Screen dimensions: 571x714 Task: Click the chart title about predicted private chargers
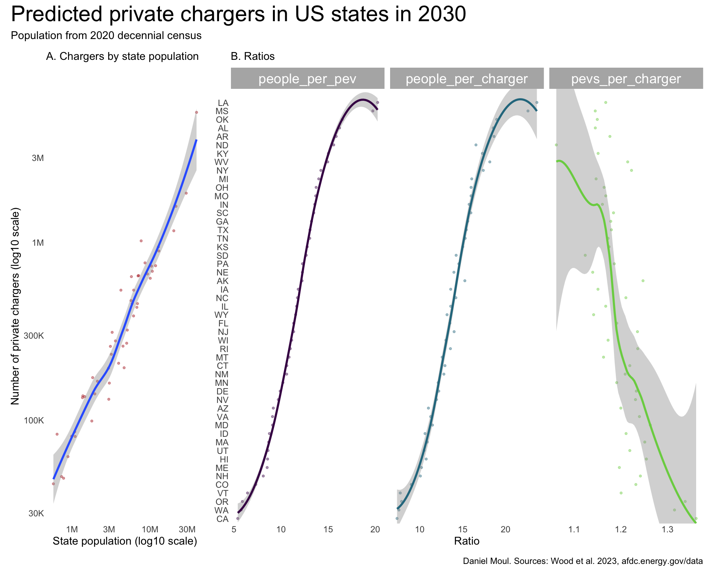pyautogui.click(x=238, y=15)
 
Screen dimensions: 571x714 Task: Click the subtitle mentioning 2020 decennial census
pyautogui.click(x=106, y=36)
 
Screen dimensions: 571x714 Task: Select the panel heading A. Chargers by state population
pyautogui.click(x=122, y=57)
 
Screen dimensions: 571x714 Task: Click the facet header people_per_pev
pyautogui.click(x=307, y=79)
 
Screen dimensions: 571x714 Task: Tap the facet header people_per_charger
pyautogui.click(x=467, y=79)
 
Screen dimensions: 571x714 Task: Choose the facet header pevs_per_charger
pyautogui.click(x=626, y=79)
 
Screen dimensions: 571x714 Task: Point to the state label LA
pyautogui.click(x=223, y=103)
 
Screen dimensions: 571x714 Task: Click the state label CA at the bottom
pyautogui.click(x=222, y=519)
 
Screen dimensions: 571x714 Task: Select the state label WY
pyautogui.click(x=222, y=315)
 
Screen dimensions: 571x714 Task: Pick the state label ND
pyautogui.click(x=222, y=145)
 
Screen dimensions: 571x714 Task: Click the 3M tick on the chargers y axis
pyautogui.click(x=38, y=158)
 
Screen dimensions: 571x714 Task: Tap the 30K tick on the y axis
pyautogui.click(x=36, y=514)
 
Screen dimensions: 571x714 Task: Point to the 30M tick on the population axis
pyautogui.click(x=187, y=529)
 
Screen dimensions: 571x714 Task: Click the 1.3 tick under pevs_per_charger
pyautogui.click(x=668, y=529)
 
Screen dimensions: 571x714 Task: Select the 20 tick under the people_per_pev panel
pyautogui.click(x=375, y=529)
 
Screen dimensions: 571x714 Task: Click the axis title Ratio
pyautogui.click(x=467, y=541)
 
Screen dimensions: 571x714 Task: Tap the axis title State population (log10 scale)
pyautogui.click(x=125, y=541)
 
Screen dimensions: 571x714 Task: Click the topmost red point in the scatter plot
pyautogui.click(x=196, y=112)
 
